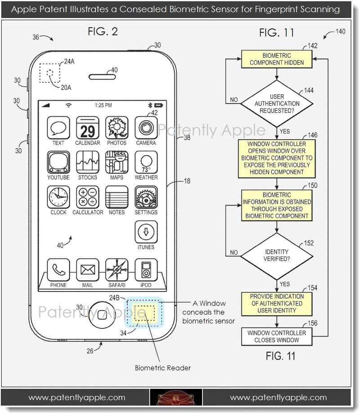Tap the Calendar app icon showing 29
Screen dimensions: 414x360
tap(87, 128)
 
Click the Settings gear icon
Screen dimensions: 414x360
tap(146, 197)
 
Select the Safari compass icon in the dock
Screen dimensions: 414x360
tap(117, 270)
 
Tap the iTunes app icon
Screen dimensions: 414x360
tap(146, 232)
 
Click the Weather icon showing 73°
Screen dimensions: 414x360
tap(146, 163)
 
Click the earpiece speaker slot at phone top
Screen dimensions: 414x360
tap(100, 76)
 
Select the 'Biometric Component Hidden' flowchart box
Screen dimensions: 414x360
tap(276, 59)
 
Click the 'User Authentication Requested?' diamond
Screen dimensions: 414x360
tap(276, 103)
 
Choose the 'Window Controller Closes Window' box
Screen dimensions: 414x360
tap(277, 337)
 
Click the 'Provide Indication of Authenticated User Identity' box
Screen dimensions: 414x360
tap(277, 304)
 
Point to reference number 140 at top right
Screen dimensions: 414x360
tap(341, 32)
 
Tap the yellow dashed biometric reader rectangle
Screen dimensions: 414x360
tap(145, 312)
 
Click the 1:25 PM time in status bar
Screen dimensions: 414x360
tap(103, 105)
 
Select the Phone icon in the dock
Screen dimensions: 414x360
tap(58, 270)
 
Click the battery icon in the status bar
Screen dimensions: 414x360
tap(158, 105)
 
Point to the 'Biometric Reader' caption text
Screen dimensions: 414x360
tap(163, 368)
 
